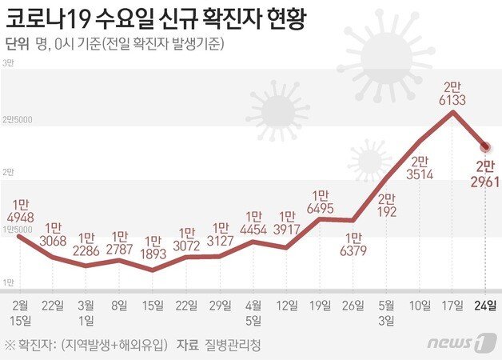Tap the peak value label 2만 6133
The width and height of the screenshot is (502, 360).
tap(453, 93)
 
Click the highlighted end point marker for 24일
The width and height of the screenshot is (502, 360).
tap(485, 146)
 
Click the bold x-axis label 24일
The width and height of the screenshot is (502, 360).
tap(485, 304)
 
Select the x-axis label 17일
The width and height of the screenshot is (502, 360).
tap(453, 304)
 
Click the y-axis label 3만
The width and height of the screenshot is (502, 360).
tap(9, 62)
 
